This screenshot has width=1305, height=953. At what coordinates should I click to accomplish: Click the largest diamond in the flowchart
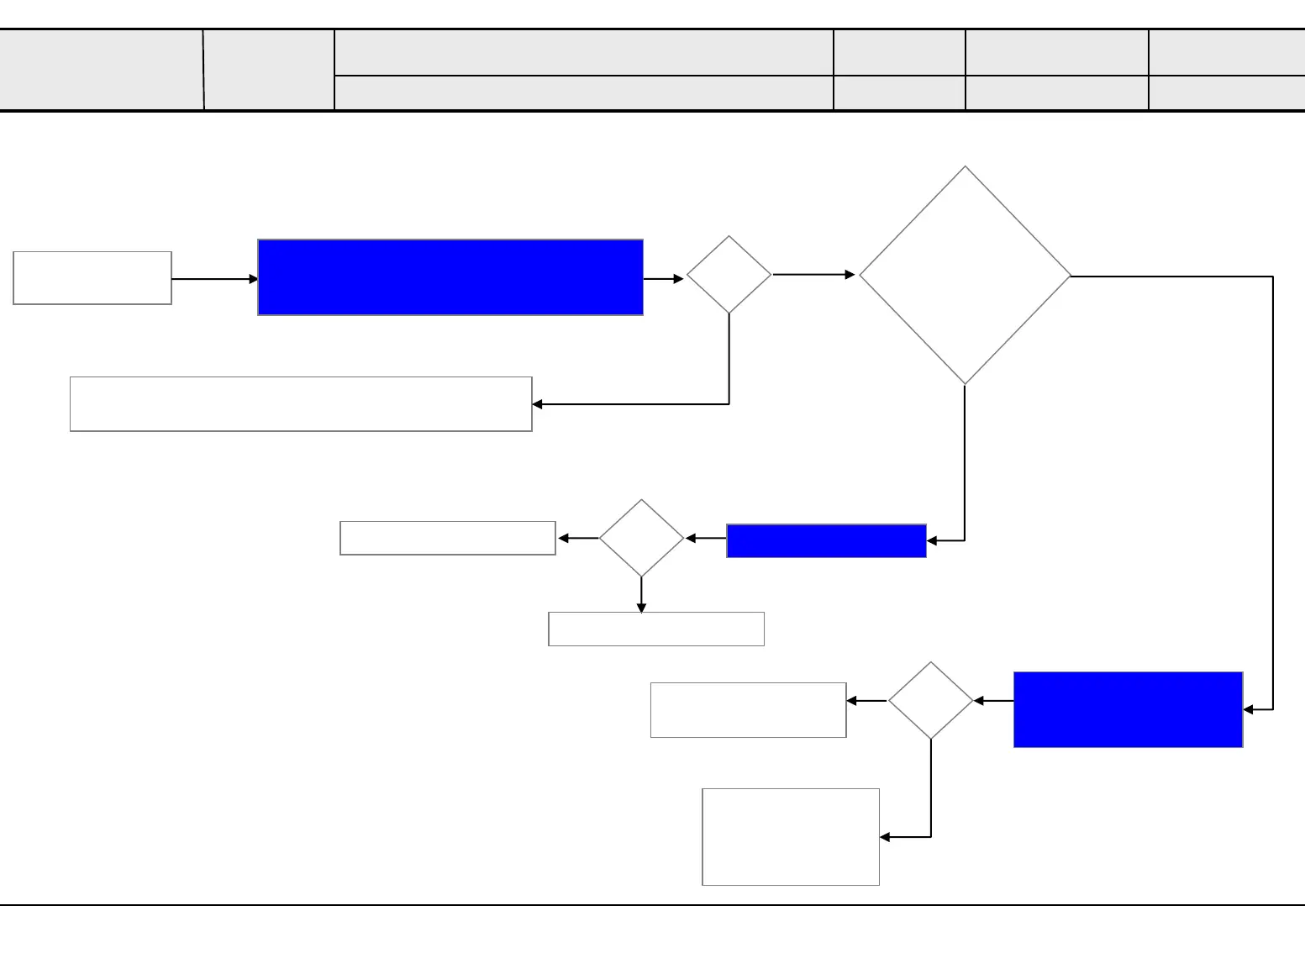(x=965, y=276)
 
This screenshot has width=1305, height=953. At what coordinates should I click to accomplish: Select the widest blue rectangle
(x=450, y=277)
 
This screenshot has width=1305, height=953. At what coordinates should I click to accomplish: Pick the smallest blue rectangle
(x=826, y=540)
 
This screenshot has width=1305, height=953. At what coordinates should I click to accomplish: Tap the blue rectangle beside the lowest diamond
(x=1128, y=709)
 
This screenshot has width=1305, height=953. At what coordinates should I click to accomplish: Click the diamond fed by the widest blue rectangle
(x=729, y=275)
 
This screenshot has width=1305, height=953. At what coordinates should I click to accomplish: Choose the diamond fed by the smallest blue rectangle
(x=641, y=538)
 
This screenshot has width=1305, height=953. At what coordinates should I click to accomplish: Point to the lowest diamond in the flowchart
(x=930, y=700)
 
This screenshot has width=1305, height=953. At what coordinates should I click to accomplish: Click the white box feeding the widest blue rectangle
(x=92, y=277)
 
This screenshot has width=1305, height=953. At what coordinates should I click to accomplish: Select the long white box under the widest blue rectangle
(x=301, y=404)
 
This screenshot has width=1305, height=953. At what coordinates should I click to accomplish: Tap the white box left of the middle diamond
(x=448, y=538)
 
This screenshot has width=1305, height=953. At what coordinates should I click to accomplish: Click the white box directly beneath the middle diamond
(x=656, y=629)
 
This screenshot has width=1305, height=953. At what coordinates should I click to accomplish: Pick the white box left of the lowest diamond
(x=748, y=710)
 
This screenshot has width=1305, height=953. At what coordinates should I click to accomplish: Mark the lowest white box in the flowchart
(x=791, y=836)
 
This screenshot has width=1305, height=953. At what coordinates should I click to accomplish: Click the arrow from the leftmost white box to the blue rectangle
(x=214, y=279)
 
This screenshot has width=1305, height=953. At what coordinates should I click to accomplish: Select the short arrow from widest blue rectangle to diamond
(x=664, y=278)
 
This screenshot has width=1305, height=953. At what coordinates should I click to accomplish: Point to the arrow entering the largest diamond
(x=813, y=274)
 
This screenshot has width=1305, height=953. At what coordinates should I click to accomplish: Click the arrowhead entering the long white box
(x=538, y=404)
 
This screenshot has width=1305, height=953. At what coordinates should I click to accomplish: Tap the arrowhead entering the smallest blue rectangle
(x=932, y=540)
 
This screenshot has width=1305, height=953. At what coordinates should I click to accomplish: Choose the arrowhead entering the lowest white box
(x=885, y=837)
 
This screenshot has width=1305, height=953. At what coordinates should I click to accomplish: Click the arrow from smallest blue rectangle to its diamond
(x=706, y=538)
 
